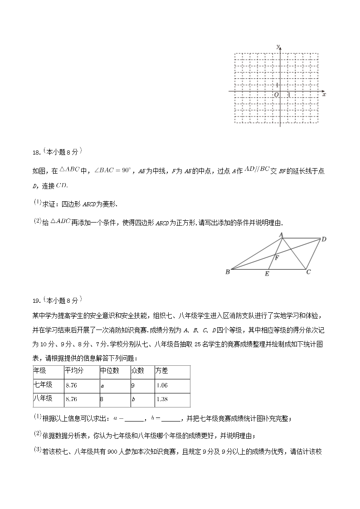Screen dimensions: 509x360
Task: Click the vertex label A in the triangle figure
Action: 281,234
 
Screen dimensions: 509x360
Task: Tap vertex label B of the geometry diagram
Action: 227,272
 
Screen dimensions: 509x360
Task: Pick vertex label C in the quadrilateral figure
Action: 308,272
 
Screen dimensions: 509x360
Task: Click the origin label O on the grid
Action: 276,95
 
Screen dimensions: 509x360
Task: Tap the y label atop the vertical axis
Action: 277,46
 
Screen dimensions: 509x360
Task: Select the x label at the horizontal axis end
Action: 324,94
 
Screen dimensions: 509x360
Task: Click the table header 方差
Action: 162,371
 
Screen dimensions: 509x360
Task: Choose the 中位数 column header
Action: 109,371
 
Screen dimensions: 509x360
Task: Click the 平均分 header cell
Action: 74,371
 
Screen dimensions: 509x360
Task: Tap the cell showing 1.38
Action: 162,399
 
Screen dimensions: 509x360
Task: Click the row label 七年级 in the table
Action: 43,385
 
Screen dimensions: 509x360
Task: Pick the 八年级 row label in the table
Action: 43,399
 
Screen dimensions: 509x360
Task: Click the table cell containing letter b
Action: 133,399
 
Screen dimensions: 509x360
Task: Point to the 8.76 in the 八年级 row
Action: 72,399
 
